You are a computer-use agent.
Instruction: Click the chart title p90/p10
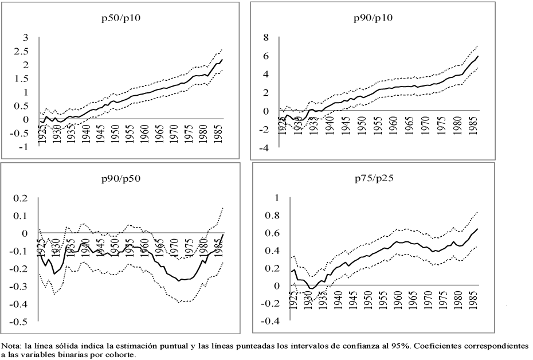379,18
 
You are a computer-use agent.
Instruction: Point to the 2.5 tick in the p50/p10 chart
22,51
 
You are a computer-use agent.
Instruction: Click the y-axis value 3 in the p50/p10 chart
25,37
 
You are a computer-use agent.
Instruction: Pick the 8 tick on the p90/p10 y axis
265,37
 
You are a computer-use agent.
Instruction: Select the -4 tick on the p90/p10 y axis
264,148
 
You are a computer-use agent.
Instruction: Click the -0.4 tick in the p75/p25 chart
261,322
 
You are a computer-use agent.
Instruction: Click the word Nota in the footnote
11,346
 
